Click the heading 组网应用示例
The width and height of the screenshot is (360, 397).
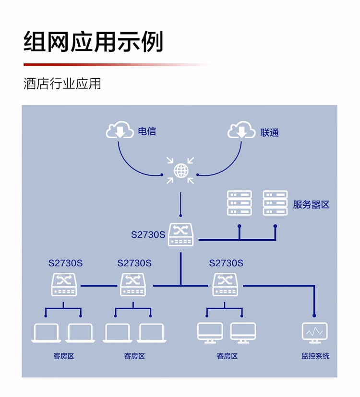tap(94, 42)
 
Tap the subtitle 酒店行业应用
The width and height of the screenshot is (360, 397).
tap(62, 83)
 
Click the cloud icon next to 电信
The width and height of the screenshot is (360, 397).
tap(120, 130)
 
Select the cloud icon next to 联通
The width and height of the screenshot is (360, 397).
tap(241, 130)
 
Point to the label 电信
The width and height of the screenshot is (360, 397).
tap(147, 131)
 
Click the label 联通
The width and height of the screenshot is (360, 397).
tap(269, 132)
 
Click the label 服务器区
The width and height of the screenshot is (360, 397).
tap(311, 204)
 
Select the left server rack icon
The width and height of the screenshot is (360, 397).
tap(240, 203)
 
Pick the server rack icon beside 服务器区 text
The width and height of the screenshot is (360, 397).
tap(275, 203)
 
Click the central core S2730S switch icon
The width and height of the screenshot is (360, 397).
tap(180, 235)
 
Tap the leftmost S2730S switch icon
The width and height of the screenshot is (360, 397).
tap(64, 284)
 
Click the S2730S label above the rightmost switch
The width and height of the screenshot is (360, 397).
tap(226, 263)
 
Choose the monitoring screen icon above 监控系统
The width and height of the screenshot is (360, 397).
tap(314, 332)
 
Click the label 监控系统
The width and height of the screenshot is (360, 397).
tap(315, 356)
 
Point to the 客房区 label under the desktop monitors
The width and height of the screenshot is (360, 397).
tap(227, 356)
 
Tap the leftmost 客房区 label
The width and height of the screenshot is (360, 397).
tap(64, 356)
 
